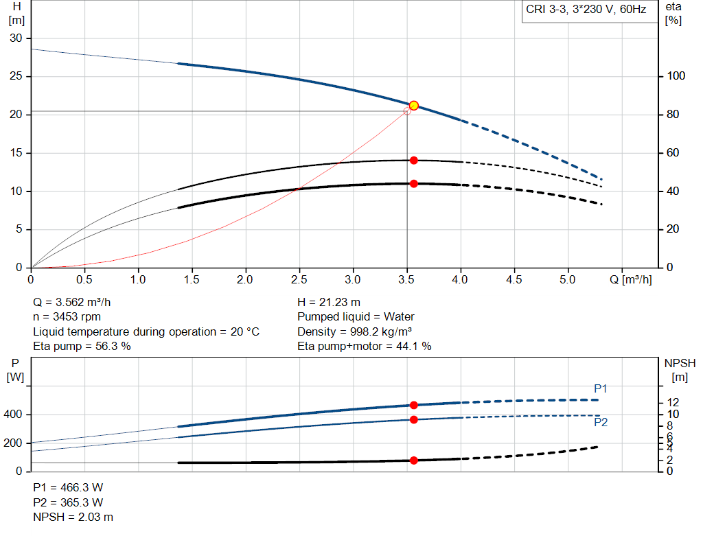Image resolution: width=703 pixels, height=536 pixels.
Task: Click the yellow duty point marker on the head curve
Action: coord(414,106)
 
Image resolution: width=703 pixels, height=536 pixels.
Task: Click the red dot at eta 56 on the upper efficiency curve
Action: coord(414,160)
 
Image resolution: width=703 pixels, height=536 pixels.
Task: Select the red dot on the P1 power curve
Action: coord(414,406)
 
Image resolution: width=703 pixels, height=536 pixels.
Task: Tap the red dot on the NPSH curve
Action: coord(414,461)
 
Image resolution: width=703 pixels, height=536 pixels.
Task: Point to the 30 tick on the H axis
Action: coord(16,38)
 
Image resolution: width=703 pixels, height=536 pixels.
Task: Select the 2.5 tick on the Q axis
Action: coord(299,280)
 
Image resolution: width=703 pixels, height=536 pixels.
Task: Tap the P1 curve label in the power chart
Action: coord(601,388)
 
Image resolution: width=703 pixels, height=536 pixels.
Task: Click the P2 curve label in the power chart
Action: coord(601,423)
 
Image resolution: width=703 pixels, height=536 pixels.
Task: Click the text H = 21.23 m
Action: coord(329,302)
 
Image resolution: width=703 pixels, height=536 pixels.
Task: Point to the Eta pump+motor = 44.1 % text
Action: coord(365,347)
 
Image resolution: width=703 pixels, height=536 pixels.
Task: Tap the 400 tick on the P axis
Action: coord(14,415)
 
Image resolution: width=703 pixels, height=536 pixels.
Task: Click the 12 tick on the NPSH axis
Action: coord(673,401)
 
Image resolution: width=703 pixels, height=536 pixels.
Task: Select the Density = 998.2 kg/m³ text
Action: coord(354,331)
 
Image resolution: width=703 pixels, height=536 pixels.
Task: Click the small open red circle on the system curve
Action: coord(407,111)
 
